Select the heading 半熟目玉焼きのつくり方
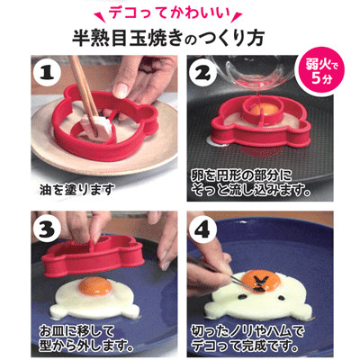tap(171, 39)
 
